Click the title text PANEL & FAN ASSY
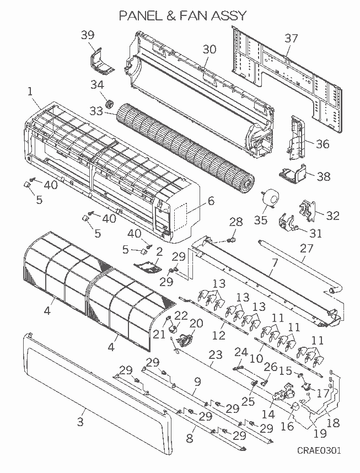click(175, 15)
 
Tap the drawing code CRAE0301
click(319, 450)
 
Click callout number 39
click(88, 35)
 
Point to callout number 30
click(209, 49)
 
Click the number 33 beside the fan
click(96, 111)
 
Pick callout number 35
click(260, 220)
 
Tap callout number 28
click(236, 222)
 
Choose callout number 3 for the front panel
click(80, 422)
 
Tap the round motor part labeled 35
click(269, 197)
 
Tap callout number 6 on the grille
click(211, 201)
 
